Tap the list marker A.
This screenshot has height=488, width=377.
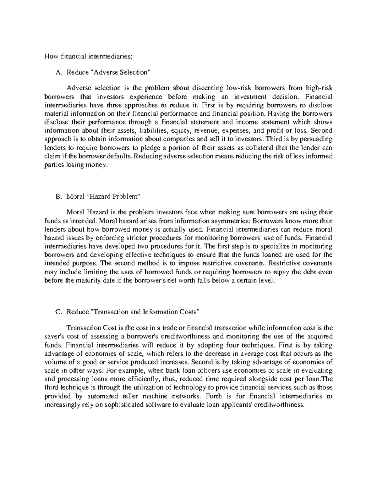[x=57, y=73]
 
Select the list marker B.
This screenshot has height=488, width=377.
[x=57, y=197]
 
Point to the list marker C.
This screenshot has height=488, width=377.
[x=57, y=312]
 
